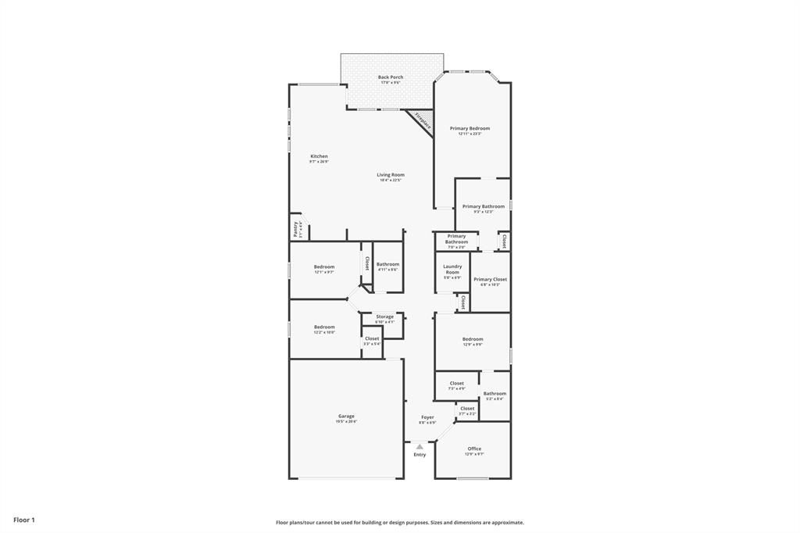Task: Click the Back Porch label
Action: click(391, 77)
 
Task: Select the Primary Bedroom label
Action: click(470, 128)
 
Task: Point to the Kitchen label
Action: click(319, 156)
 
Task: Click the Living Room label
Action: click(391, 175)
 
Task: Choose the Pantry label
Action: click(296, 228)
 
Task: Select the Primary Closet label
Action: click(490, 280)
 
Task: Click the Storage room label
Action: click(384, 317)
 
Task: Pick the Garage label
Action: click(346, 417)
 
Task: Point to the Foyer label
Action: click(427, 417)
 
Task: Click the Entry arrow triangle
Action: click(420, 446)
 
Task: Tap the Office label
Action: click(474, 449)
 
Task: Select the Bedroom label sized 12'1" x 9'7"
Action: click(324, 267)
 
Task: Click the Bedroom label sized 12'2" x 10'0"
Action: click(324, 327)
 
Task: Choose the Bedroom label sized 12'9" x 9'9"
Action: click(473, 339)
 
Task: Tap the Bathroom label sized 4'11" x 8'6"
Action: click(387, 265)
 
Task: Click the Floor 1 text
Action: click(24, 520)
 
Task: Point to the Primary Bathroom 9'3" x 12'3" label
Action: click(483, 207)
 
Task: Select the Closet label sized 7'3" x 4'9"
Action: click(457, 384)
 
